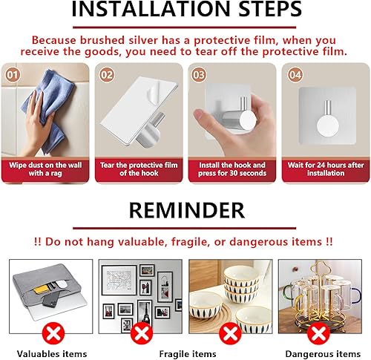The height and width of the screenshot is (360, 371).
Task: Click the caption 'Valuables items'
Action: click(x=52, y=353)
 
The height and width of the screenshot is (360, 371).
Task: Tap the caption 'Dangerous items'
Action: click(x=320, y=353)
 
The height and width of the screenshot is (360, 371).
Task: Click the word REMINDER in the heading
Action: click(x=185, y=209)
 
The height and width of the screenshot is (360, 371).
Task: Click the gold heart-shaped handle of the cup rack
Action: click(x=321, y=266)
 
